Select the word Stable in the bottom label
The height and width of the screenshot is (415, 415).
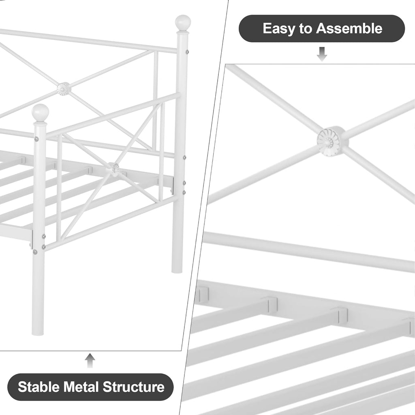click(x=39, y=387)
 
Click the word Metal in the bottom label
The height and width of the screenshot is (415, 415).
click(x=81, y=387)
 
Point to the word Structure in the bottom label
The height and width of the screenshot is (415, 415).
click(x=133, y=387)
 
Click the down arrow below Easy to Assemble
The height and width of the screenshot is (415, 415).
click(x=322, y=54)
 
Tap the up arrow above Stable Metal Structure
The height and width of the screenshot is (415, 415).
click(x=90, y=360)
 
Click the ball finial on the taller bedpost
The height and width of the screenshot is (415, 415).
click(x=183, y=23)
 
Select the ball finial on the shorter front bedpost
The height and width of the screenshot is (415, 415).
click(x=40, y=112)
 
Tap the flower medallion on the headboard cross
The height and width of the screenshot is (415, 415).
click(x=64, y=89)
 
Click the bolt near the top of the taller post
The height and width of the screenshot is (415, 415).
click(x=187, y=52)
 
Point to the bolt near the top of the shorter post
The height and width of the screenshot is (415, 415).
click(x=36, y=139)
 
